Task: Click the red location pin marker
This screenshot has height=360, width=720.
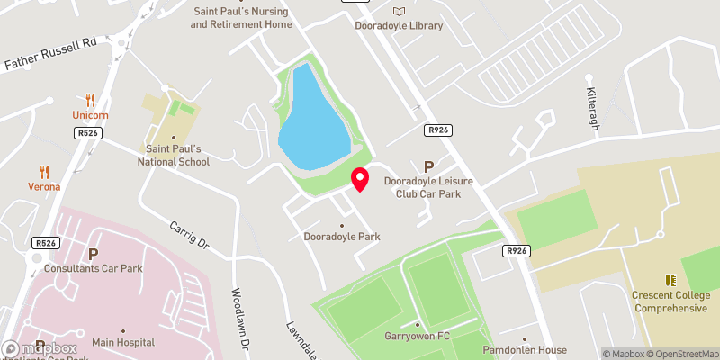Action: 360,179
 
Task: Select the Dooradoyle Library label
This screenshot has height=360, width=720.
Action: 399,25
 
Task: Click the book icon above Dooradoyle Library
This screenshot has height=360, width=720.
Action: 399,10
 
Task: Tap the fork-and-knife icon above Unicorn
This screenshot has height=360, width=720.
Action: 90,100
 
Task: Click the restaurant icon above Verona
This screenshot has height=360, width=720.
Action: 43,171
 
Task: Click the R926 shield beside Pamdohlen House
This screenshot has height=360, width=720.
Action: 516,251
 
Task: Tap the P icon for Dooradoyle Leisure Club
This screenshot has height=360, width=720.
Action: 428,166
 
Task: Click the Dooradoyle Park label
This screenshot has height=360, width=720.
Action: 341,237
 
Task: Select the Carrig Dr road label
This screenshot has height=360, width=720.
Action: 189,231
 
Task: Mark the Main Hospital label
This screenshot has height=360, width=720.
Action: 123,343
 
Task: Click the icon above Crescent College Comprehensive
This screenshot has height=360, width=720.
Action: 669,281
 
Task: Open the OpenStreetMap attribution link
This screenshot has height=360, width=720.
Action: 682,354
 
